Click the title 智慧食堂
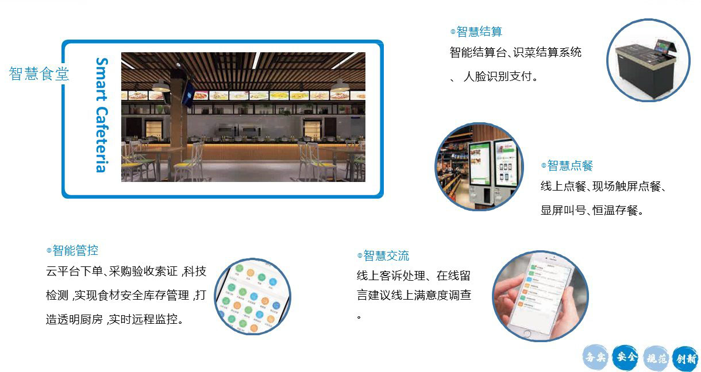(39, 74)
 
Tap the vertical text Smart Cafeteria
(102, 115)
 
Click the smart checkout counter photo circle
(648, 60)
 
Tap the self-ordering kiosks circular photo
(479, 166)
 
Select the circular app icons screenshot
(253, 296)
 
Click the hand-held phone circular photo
(541, 296)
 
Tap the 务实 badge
(595, 357)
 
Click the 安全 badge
(625, 357)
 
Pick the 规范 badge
(656, 358)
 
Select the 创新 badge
(685, 359)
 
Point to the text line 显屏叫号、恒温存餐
(592, 210)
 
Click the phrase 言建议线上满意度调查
(414, 294)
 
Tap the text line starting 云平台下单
(126, 271)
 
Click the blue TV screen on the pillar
(188, 94)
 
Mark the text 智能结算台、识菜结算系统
(515, 52)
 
